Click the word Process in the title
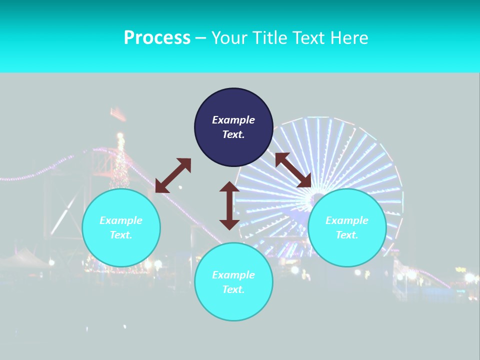tap(157, 38)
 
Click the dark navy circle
tap(233, 127)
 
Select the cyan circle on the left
tap(121, 227)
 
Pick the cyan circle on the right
tap(347, 227)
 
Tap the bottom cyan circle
tap(233, 281)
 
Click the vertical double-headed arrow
tap(229, 205)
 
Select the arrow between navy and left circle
tap(173, 175)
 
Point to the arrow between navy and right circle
tap(293, 170)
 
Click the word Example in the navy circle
tap(233, 120)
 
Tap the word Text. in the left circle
tap(121, 235)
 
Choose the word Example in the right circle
tap(347, 220)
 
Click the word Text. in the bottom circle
tap(233, 289)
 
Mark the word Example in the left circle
tap(121, 220)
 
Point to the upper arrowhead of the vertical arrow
tap(229, 187)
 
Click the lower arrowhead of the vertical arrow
tap(229, 224)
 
